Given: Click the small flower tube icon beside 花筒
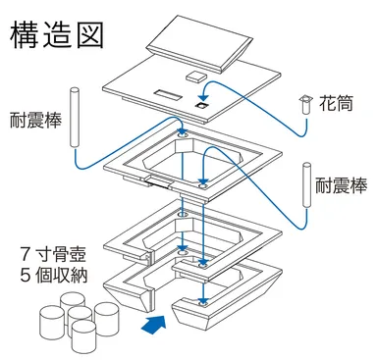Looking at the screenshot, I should coord(305,100).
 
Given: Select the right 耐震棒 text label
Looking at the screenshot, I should coord(342,183).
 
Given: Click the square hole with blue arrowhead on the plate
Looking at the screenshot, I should coord(202,106).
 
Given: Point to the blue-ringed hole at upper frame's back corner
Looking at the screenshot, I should coord(181,131).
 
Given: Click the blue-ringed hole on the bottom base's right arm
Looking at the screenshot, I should coord(203,303).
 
